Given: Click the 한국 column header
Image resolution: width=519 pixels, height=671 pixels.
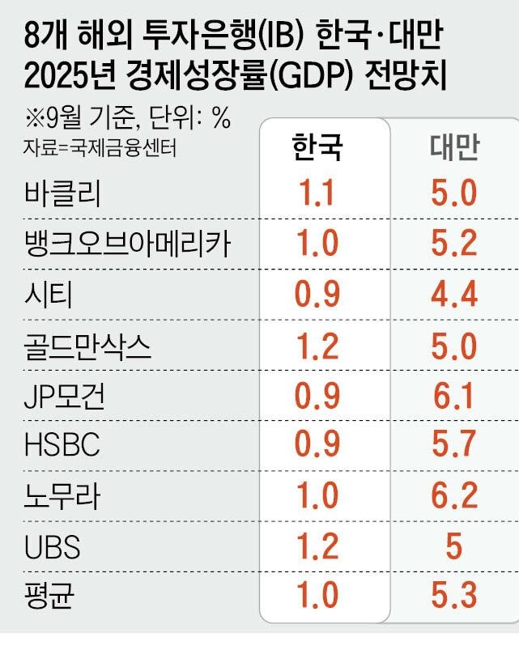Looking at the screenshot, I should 317,148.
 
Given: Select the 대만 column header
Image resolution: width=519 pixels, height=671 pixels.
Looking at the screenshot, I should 453,148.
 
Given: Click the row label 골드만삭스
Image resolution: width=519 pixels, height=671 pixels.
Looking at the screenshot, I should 88,346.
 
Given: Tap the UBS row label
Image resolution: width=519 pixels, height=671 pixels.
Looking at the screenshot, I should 53,547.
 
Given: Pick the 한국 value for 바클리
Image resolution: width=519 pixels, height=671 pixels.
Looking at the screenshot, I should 317,194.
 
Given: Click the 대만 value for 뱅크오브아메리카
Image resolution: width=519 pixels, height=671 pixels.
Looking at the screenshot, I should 453,244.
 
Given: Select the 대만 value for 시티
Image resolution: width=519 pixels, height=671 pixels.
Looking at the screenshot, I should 453,295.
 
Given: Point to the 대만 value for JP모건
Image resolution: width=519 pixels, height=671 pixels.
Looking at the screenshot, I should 453,397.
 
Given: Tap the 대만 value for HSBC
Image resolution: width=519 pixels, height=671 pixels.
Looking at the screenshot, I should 453,446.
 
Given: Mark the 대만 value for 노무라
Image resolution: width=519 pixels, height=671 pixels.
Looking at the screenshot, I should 453,496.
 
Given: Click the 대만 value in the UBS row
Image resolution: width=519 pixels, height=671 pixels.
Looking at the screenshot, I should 453,547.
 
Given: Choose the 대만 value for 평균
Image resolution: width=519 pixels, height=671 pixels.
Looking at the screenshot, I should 453,597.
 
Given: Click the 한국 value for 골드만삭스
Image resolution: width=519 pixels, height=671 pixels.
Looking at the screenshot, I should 317,346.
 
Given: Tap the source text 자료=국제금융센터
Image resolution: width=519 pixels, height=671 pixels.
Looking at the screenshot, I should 100,148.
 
